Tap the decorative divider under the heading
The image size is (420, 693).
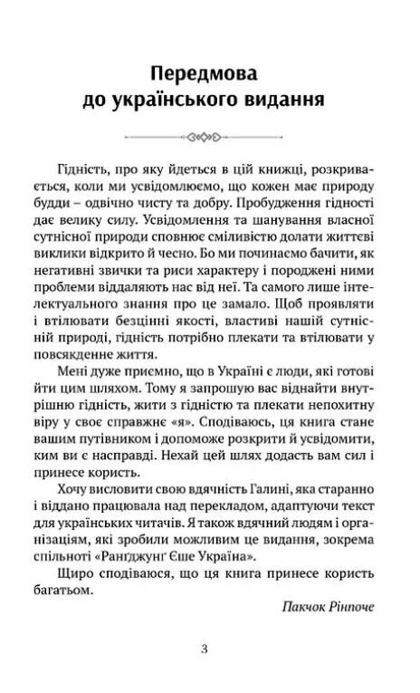click(209, 139)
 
